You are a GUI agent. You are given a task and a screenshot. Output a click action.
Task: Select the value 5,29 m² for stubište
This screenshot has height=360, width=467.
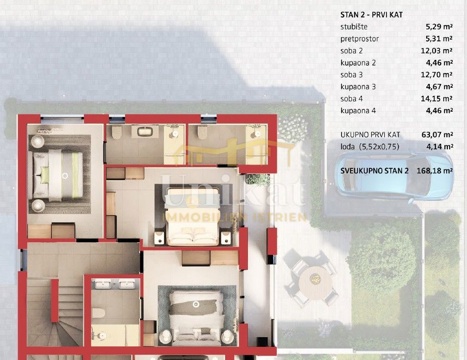439,27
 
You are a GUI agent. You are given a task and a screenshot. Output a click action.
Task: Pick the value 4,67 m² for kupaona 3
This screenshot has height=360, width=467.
439,87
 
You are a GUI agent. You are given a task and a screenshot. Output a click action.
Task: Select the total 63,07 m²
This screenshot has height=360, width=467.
438,135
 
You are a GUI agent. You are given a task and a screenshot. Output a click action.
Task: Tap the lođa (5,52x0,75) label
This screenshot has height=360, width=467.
363,147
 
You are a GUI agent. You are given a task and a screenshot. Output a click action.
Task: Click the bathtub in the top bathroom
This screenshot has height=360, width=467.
145,131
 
